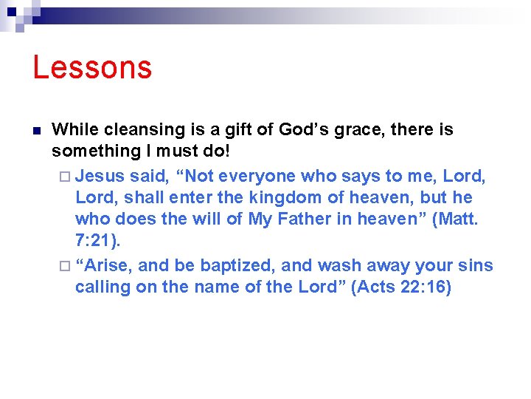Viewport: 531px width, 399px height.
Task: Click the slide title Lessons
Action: pos(92,66)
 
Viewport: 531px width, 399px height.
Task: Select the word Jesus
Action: pos(100,176)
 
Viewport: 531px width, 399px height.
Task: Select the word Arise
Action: pos(103,265)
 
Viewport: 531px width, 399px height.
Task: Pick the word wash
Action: pos(338,265)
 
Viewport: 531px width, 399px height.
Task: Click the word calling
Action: pos(103,287)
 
